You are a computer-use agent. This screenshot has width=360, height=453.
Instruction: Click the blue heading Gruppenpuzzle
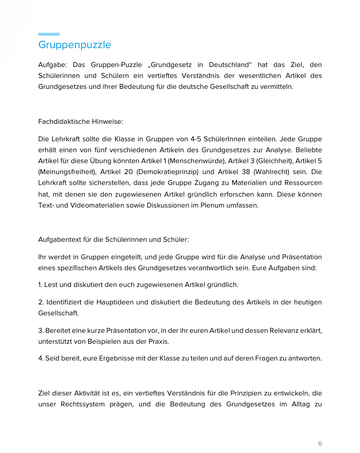pos(75,45)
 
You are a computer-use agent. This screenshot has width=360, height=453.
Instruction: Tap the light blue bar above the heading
pos(49,34)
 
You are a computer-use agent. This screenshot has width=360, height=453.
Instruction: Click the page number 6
pos(320,444)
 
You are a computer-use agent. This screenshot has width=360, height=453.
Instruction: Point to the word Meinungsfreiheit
pos(66,172)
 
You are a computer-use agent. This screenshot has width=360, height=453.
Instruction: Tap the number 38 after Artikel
pos(246,172)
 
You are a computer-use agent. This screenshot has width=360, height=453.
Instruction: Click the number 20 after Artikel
pos(128,172)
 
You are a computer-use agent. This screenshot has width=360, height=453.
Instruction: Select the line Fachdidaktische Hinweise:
pos(80,122)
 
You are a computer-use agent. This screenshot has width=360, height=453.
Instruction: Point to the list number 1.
pos(40,285)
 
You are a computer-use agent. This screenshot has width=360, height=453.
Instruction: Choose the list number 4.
pos(40,358)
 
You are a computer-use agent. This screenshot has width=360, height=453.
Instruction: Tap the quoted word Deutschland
pos(229,65)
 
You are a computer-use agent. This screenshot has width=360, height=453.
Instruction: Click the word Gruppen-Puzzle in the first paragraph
pos(116,65)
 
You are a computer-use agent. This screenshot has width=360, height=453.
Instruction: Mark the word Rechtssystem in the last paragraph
pos(83,404)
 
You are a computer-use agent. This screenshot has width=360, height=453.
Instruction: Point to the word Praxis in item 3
pos(159,342)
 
